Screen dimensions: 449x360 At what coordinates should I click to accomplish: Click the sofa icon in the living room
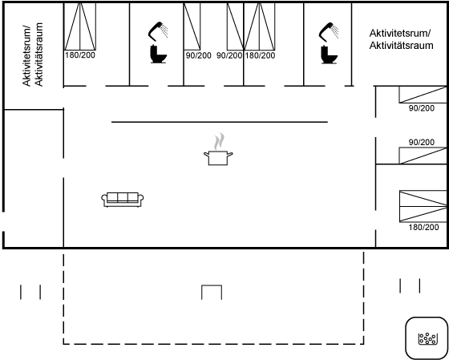coord(123,200)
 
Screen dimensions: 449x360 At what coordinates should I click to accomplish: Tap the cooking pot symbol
coord(218,158)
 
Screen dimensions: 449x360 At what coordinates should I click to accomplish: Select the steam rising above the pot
coord(219,141)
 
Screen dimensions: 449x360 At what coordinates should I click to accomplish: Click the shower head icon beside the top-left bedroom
coord(158,31)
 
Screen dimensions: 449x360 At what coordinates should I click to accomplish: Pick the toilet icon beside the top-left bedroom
coord(159,54)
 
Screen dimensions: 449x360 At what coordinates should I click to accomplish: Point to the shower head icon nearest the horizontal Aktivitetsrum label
coord(329,31)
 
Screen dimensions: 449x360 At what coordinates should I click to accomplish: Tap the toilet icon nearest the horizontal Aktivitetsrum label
coord(330,54)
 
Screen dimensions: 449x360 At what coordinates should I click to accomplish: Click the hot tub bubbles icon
coord(427,338)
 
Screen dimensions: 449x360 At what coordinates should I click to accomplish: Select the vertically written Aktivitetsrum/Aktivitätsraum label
coord(32,55)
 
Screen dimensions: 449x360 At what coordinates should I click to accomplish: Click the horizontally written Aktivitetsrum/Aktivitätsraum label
coord(401,39)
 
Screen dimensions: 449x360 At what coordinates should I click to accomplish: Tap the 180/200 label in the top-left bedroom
coord(80,55)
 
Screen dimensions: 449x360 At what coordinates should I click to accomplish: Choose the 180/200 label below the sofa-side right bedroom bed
coord(423,227)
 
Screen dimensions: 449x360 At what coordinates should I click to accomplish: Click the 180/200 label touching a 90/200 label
coord(260,55)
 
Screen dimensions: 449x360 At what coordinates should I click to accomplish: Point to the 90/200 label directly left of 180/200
coord(229,55)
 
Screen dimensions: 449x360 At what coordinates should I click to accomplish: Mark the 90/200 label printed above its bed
coord(421,142)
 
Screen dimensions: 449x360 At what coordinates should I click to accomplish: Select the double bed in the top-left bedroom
coord(80,26)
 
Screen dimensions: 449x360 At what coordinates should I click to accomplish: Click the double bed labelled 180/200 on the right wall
coord(423,206)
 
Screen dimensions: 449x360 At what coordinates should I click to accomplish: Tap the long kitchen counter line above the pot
coord(220,122)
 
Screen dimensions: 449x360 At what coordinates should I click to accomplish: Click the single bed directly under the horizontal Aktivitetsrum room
coord(423,95)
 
